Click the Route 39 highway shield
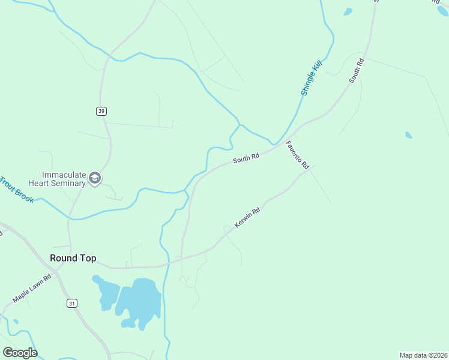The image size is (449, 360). point(101,111)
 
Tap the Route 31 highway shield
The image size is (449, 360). point(72,304)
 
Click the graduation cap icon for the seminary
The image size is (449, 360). point(95,178)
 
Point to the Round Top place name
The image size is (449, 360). point(73,258)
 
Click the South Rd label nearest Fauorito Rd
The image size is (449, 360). point(246,158)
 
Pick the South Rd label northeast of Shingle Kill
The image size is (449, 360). point(357,71)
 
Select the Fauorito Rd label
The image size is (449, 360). point(297,155)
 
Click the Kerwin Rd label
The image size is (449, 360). point(247,218)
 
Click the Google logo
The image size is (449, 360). point(20,352)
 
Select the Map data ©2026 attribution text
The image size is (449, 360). point(423,355)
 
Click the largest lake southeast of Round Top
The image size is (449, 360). point(141,300)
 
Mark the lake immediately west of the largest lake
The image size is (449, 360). point(106,291)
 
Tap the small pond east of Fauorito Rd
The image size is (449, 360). point(409,135)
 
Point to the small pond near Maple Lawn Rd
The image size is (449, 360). point(16,322)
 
